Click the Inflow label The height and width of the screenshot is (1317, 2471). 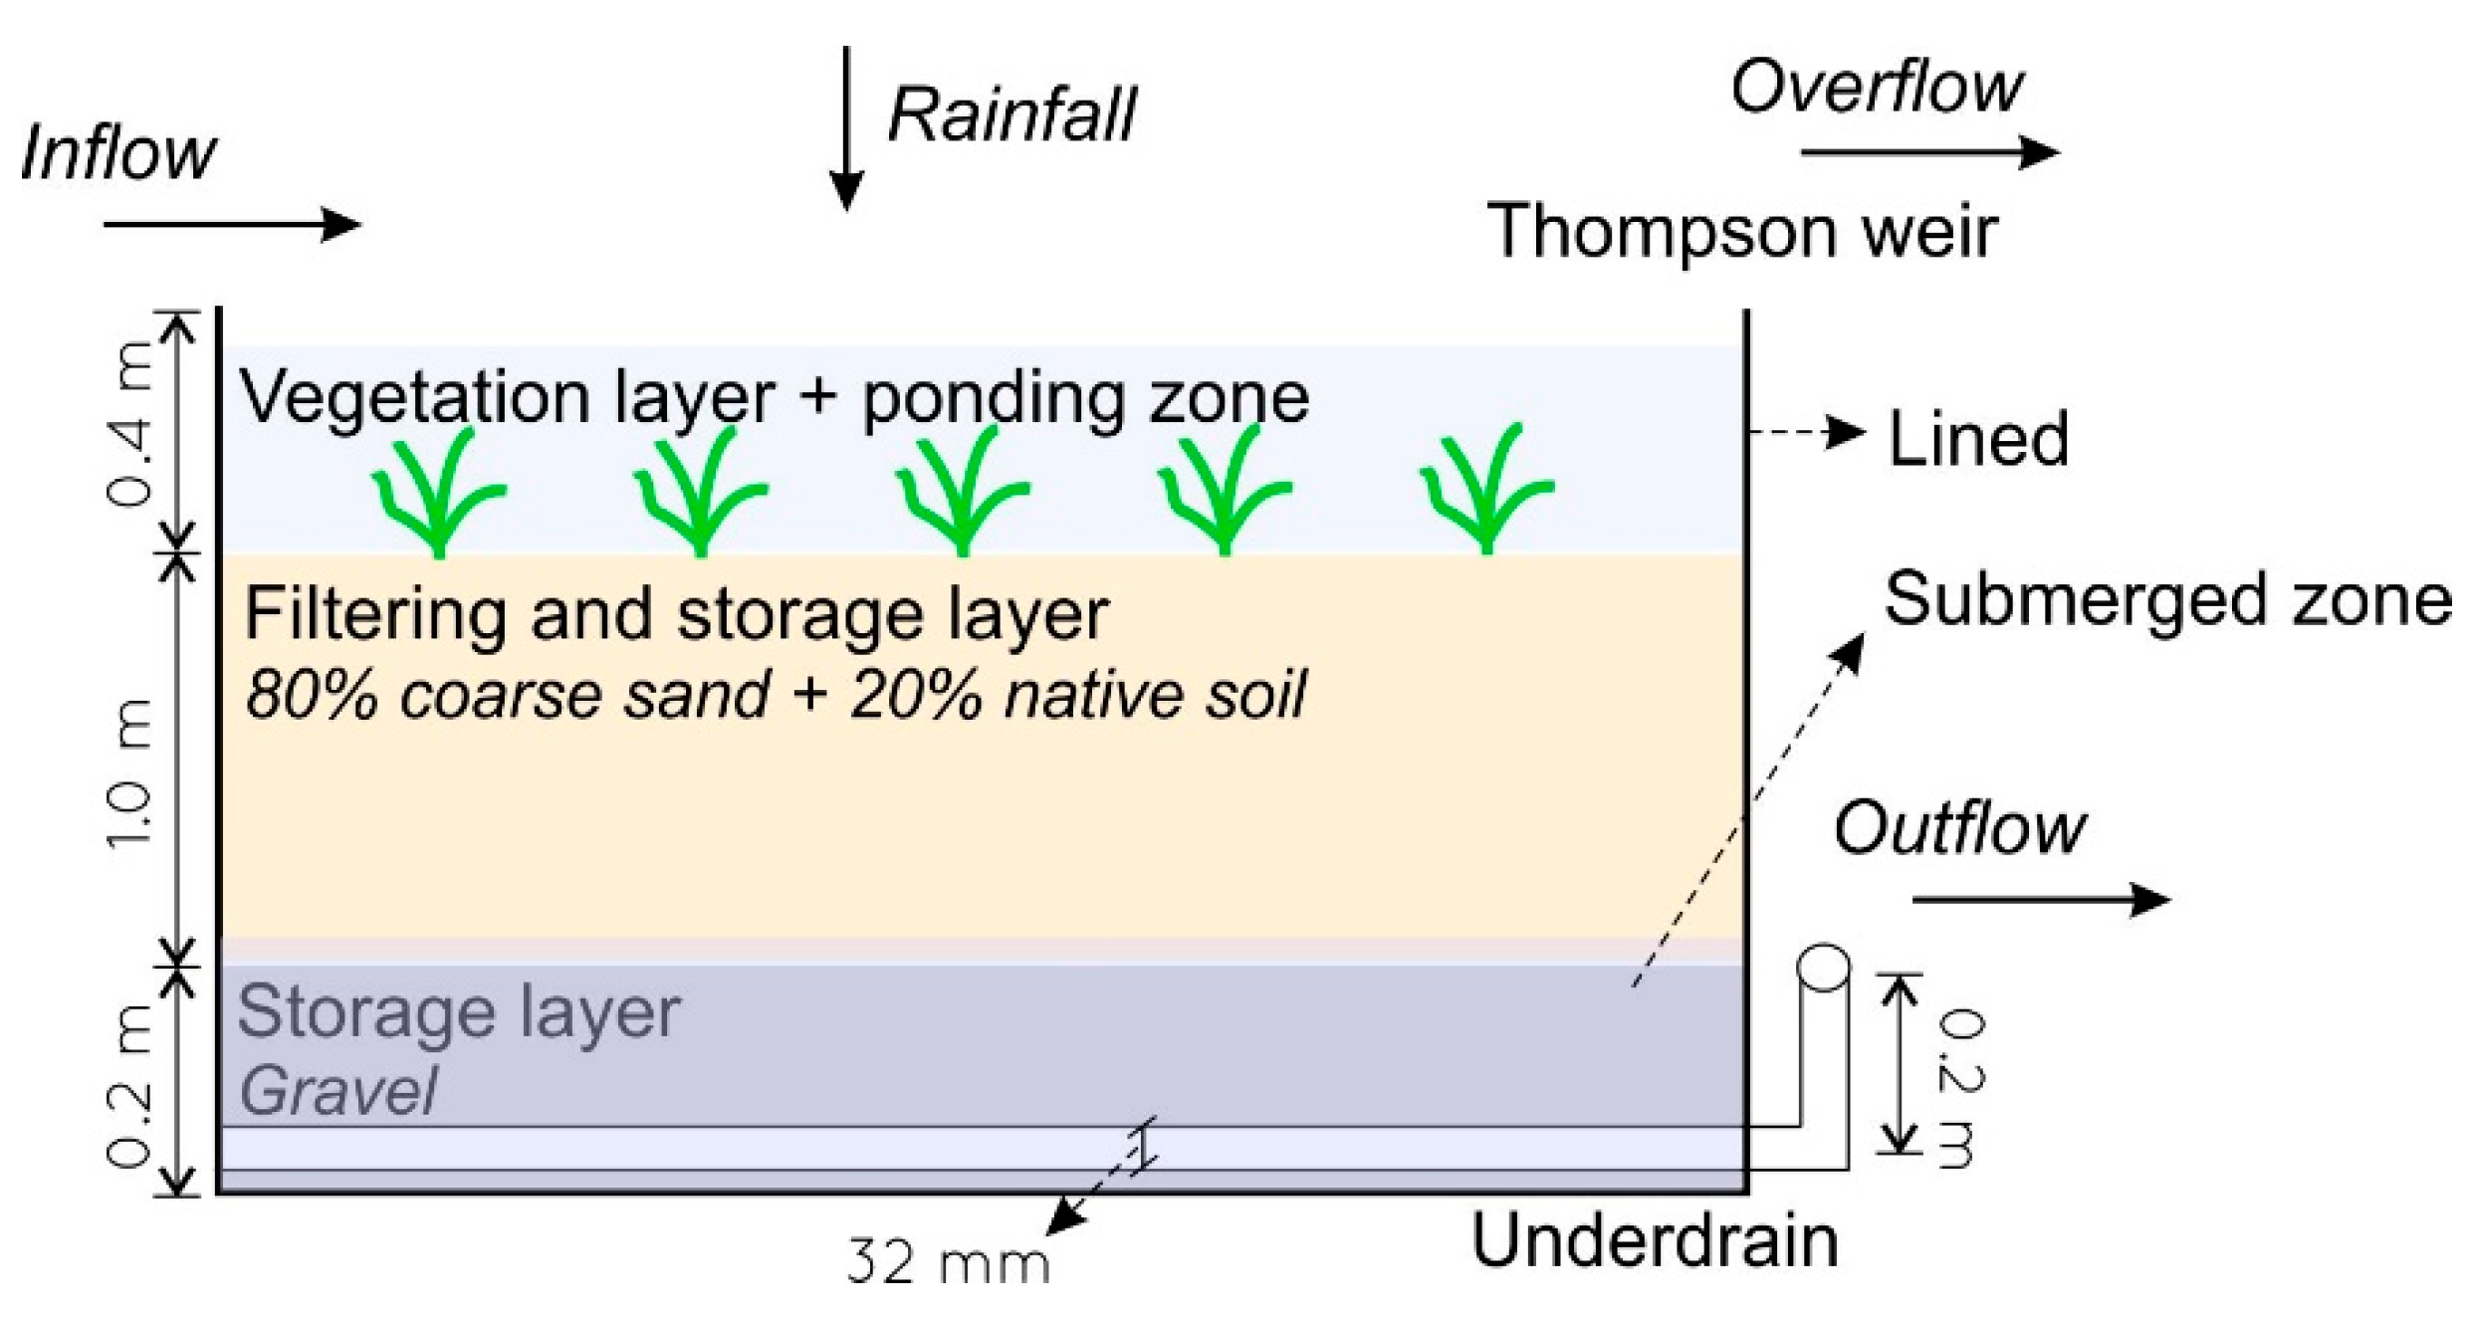point(117,154)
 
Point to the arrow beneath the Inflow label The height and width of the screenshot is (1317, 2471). point(231,224)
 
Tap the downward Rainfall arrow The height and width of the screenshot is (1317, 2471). point(845,129)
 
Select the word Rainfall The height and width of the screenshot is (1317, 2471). point(1011,116)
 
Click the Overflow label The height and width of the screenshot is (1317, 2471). point(1876,88)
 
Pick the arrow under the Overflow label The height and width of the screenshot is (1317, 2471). point(1929,152)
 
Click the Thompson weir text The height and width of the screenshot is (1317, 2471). point(1741,232)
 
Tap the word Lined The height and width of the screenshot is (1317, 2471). point(1978,439)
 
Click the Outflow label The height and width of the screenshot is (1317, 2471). point(1958,828)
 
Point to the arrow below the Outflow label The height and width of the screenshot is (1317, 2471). point(2040,900)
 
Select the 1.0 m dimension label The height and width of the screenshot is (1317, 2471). point(130,773)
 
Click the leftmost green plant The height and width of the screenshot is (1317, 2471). point(438,493)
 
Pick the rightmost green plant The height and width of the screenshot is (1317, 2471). point(1485,490)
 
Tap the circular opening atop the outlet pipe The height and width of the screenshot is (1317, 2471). point(1824,967)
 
